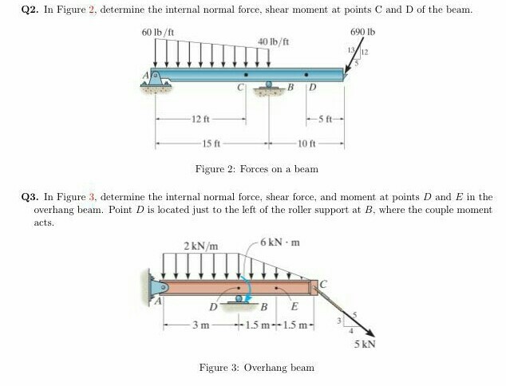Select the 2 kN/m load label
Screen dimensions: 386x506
click(x=201, y=244)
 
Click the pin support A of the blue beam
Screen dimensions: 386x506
click(x=156, y=77)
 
